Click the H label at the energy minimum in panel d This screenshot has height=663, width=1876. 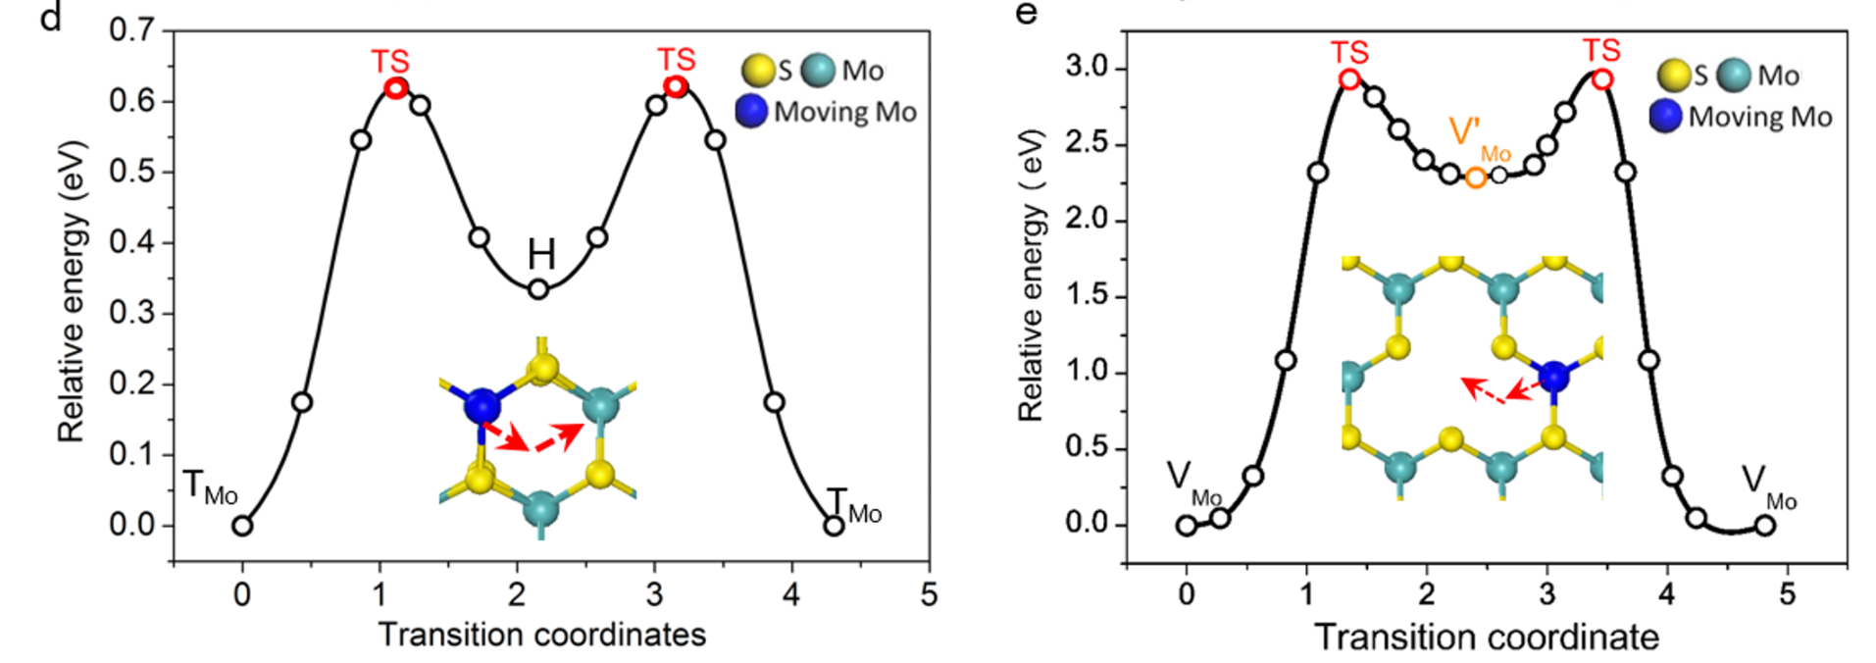(x=541, y=255)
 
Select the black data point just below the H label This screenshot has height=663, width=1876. (x=538, y=289)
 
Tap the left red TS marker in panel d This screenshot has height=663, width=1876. (x=395, y=88)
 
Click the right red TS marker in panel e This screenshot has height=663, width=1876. (x=1601, y=78)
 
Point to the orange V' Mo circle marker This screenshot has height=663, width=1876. (x=1475, y=178)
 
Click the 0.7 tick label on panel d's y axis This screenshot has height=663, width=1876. (x=131, y=30)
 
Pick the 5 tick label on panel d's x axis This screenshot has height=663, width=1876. (x=929, y=594)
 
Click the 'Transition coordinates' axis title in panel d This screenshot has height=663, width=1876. (x=542, y=635)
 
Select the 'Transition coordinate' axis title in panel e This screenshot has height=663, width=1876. (x=1487, y=637)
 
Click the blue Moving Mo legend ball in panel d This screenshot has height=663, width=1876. (x=751, y=111)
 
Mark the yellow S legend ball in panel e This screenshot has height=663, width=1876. (x=1673, y=76)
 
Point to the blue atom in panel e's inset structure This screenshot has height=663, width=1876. (x=1553, y=376)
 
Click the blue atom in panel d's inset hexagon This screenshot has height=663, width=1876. (x=482, y=404)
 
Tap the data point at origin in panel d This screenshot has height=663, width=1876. (x=242, y=526)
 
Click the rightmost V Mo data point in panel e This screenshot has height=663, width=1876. (x=1765, y=526)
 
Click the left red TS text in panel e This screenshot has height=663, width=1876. (x=1349, y=52)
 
